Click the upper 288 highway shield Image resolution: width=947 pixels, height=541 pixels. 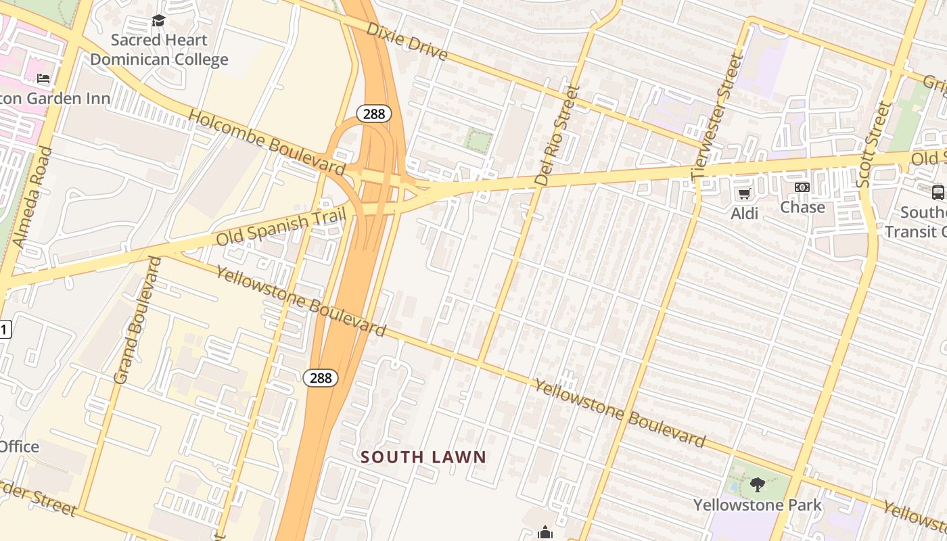[x=374, y=114]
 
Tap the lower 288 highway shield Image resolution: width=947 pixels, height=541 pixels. [x=321, y=377]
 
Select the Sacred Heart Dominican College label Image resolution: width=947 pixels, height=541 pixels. [x=159, y=50]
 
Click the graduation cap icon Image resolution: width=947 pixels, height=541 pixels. [x=158, y=21]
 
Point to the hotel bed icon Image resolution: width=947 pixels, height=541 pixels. [x=43, y=79]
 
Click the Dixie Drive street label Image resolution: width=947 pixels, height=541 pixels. [x=407, y=41]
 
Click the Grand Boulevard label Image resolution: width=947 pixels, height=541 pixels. [x=137, y=321]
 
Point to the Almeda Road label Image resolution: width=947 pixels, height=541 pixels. [x=32, y=196]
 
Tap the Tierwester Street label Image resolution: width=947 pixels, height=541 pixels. [x=718, y=116]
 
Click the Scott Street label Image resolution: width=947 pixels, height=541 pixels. [x=874, y=145]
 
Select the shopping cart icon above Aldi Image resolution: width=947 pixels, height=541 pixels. [x=744, y=194]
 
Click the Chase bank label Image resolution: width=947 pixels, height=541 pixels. [x=802, y=207]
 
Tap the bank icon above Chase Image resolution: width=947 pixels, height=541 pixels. [x=802, y=187]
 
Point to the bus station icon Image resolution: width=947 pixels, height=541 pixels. [x=938, y=192]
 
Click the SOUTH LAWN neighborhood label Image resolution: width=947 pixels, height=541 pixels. [x=423, y=457]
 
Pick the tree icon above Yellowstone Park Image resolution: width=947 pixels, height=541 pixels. [x=758, y=484]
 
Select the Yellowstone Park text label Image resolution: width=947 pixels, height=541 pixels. [x=758, y=504]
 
